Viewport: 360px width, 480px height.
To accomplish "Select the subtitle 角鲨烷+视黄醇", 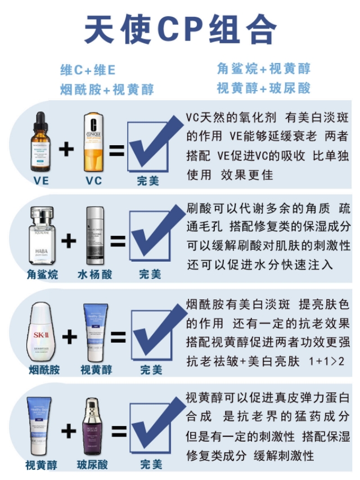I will [x=263, y=69].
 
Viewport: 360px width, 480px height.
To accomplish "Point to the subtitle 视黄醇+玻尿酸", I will [x=263, y=88].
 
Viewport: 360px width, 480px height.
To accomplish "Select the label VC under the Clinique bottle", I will [x=93, y=181].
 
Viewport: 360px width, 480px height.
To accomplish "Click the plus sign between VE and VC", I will [x=67, y=150].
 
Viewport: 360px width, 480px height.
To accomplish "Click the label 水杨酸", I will [x=94, y=275].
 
